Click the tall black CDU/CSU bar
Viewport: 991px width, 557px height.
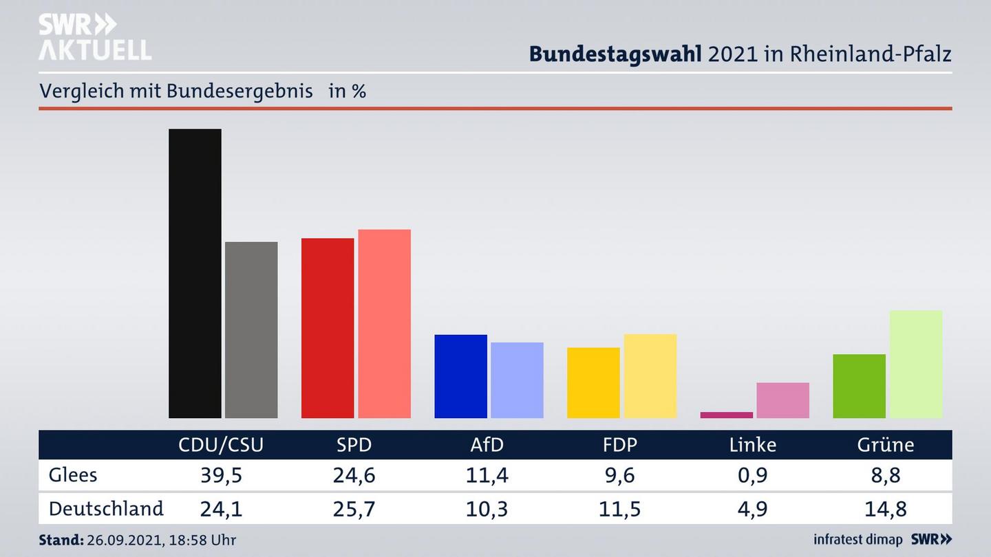pyautogui.click(x=195, y=273)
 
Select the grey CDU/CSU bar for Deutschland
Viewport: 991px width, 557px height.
pyautogui.click(x=251, y=329)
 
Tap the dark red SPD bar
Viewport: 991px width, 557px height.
pyautogui.click(x=328, y=328)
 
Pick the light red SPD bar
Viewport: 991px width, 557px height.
pyautogui.click(x=384, y=323)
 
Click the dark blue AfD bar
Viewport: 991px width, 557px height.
pyautogui.click(x=460, y=376)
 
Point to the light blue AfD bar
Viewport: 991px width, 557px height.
pyautogui.click(x=517, y=380)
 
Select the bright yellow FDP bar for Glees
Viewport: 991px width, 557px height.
pyautogui.click(x=593, y=382)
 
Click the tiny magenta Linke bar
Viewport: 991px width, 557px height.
pyautogui.click(x=726, y=415)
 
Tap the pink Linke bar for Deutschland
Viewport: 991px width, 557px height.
pyautogui.click(x=782, y=400)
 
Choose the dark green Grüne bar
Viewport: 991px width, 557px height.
pyautogui.click(x=859, y=386)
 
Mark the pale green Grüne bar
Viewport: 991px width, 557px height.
pyautogui.click(x=915, y=364)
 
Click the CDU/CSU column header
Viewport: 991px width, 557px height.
pyautogui.click(x=221, y=445)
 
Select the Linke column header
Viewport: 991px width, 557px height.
pyautogui.click(x=753, y=445)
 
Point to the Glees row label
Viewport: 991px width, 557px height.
pyautogui.click(x=73, y=474)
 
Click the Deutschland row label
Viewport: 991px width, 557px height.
pyautogui.click(x=106, y=508)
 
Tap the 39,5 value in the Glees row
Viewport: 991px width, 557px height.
pyautogui.click(x=221, y=474)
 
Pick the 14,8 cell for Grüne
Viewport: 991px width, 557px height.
pyautogui.click(x=886, y=509)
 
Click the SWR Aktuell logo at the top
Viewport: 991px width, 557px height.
pyautogui.click(x=94, y=37)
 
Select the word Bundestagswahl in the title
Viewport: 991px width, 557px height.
pyautogui.click(x=615, y=54)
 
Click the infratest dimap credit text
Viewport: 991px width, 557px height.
pyautogui.click(x=858, y=539)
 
